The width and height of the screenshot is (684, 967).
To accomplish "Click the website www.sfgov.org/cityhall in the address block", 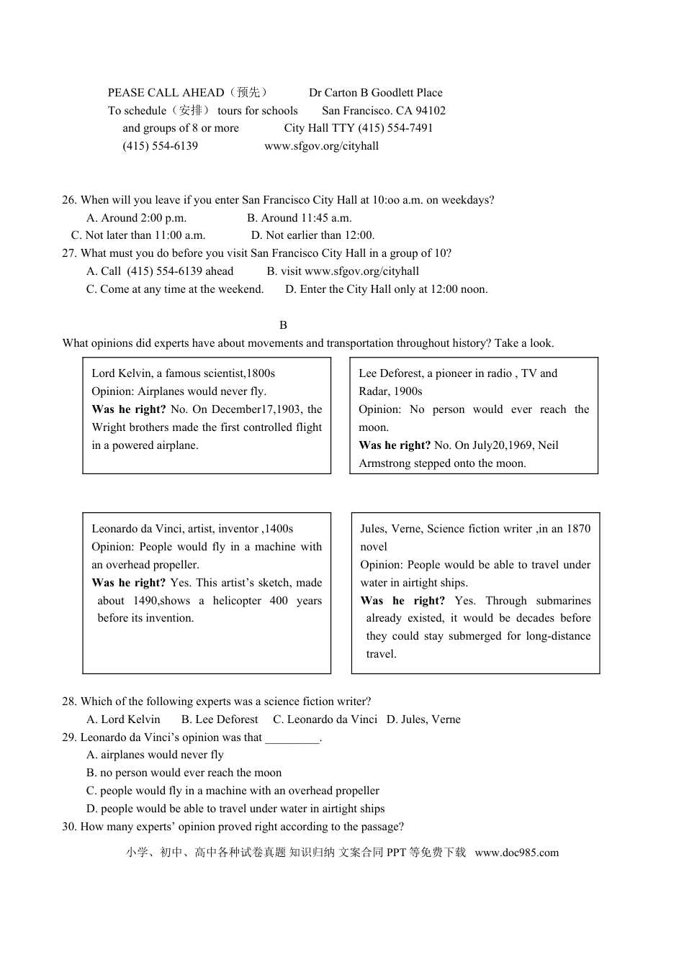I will (321, 146).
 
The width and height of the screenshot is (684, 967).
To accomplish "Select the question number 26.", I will (69, 200).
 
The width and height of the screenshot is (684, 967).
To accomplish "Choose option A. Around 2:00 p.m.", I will (136, 218).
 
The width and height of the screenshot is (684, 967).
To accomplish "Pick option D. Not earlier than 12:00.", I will (312, 235).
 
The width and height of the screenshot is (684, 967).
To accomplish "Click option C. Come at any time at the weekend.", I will (175, 289).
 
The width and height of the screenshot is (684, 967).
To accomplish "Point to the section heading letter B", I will (283, 325).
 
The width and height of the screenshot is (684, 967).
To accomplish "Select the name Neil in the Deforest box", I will (548, 445).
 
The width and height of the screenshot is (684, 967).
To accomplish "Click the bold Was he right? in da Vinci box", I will (128, 583).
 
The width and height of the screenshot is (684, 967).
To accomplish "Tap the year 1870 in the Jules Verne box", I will (578, 529).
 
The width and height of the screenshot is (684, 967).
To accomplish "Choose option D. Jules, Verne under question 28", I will (423, 719).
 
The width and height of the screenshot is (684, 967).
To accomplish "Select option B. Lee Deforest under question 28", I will (220, 719).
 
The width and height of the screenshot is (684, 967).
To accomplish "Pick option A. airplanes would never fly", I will (155, 755).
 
